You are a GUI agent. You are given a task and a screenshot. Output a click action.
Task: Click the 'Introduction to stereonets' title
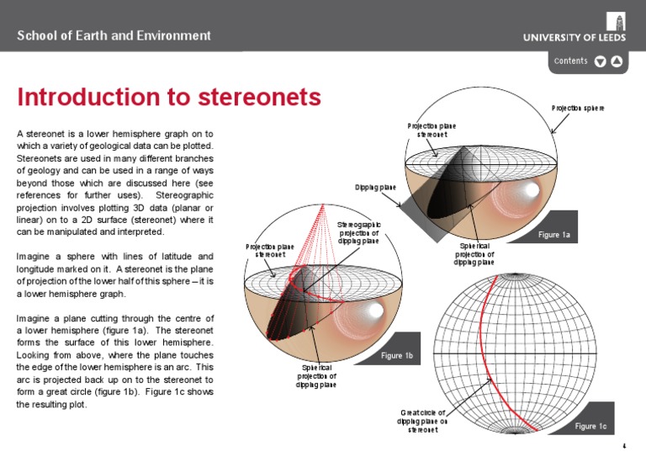point(169,98)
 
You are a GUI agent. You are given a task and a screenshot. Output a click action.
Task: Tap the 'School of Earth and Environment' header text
point(114,35)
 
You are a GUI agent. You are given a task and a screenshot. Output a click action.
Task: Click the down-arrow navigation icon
point(600,61)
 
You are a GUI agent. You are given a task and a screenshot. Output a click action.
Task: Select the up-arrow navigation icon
point(617,61)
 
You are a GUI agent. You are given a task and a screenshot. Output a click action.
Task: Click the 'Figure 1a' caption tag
point(553,235)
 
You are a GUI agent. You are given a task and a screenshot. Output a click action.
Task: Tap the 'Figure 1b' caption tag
point(397,356)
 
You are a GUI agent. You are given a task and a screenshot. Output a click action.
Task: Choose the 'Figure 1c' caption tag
point(590,427)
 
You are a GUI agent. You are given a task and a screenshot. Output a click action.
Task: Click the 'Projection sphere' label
point(578,108)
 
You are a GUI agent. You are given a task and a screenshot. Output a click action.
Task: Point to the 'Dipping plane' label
point(375,187)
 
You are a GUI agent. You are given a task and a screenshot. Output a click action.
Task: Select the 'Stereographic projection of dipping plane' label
point(359,232)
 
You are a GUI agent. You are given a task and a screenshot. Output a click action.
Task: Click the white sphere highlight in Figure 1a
point(530,191)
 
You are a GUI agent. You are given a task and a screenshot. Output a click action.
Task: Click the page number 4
point(623,445)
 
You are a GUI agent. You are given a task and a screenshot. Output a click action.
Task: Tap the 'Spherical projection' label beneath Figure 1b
point(316,376)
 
